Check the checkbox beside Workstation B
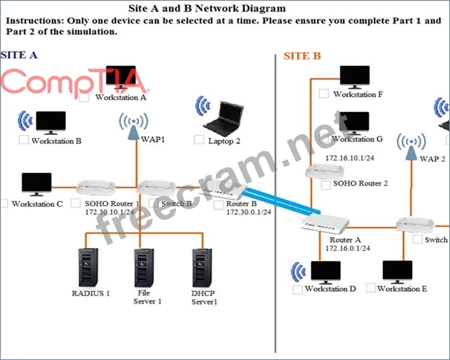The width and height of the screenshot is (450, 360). [24, 140]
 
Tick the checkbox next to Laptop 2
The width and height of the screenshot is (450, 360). [199, 140]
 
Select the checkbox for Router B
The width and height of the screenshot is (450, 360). [218, 205]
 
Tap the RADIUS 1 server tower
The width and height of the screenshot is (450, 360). [88, 268]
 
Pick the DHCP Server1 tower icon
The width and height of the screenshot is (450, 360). [202, 268]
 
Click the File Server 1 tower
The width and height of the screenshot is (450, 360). [144, 268]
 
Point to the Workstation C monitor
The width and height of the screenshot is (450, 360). [36, 184]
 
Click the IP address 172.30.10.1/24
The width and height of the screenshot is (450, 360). [109, 212]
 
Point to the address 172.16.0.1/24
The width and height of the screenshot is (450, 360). [348, 248]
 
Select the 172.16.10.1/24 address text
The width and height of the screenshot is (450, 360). [350, 158]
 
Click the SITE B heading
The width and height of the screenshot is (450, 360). [302, 56]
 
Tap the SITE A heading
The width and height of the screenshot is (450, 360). [19, 55]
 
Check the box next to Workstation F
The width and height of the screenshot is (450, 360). [324, 94]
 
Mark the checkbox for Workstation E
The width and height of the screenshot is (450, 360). [371, 288]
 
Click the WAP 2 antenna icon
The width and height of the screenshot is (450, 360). [411, 146]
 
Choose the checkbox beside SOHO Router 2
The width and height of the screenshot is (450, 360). [326, 185]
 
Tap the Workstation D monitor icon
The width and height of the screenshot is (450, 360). [326, 272]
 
